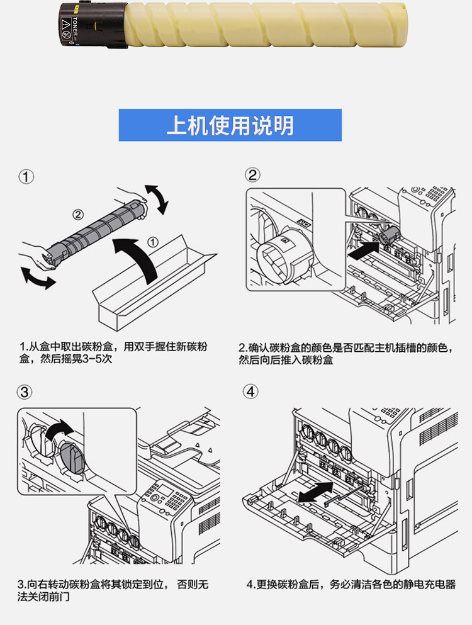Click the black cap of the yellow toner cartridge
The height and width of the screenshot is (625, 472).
93,25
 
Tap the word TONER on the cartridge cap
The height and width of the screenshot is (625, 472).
76,26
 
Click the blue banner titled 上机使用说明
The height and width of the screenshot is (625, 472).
230,125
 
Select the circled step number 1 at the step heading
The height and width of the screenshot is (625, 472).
26,177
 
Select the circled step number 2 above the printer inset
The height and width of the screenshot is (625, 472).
252,175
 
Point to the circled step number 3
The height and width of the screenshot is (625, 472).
25,392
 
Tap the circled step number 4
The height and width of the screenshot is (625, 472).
250,391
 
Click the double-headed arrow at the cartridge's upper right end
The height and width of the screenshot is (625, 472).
157,200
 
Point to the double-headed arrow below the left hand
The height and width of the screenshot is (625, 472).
37,278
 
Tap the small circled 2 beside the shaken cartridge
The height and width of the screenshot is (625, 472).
78,215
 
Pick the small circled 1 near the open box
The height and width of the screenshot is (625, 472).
153,242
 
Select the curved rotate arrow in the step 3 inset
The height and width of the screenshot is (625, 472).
59,430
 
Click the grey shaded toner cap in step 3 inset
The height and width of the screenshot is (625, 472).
72,458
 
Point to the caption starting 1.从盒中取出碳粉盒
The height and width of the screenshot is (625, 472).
114,352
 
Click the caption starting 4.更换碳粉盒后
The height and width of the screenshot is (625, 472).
351,585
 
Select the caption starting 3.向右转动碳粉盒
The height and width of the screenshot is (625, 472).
113,591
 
